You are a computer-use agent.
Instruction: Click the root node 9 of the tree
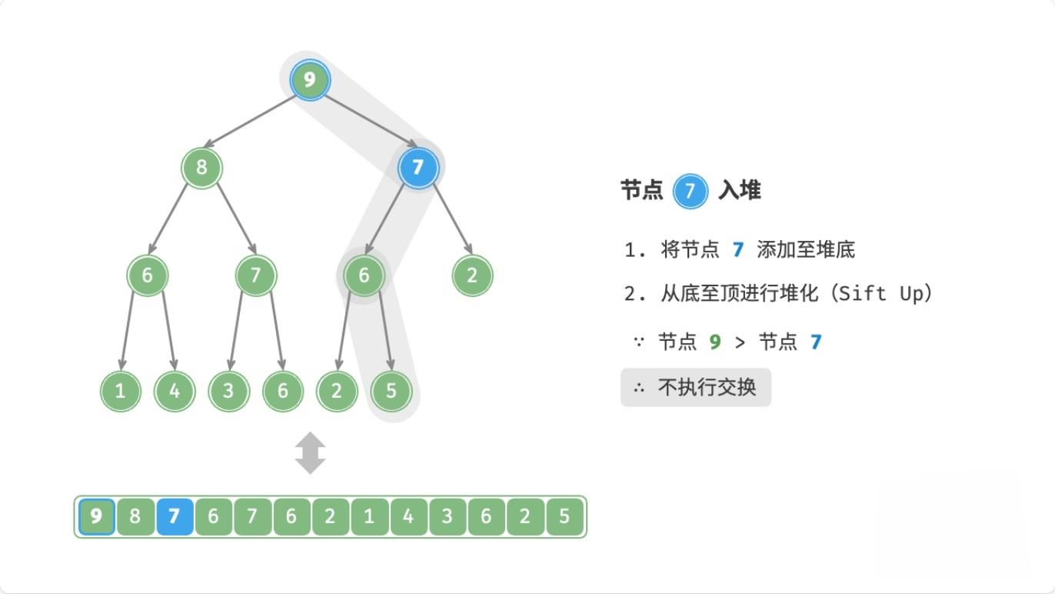310,80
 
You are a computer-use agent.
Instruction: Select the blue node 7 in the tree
418,167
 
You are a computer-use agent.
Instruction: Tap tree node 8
201,167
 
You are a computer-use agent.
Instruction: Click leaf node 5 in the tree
391,391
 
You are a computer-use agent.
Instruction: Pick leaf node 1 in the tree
120,391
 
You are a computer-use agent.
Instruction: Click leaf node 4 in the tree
175,391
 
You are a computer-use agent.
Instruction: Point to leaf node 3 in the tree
228,391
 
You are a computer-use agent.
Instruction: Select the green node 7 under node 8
255,275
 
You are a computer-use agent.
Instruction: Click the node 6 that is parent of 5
364,275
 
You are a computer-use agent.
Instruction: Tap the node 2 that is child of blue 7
472,275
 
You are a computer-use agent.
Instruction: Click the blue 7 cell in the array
174,516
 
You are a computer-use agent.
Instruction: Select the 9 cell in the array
96,516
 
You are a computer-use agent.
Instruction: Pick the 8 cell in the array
135,516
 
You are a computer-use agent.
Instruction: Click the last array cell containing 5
564,516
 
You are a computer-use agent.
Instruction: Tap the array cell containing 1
369,516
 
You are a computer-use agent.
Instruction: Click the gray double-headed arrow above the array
310,452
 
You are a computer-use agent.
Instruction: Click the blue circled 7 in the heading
690,191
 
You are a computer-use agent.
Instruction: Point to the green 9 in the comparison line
715,342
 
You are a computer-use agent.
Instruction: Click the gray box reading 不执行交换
695,388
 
